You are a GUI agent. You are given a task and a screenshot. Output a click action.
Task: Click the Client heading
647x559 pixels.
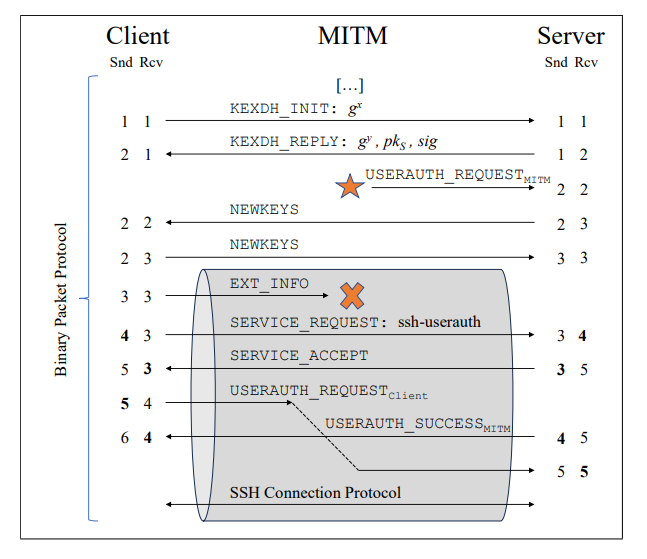[137, 35]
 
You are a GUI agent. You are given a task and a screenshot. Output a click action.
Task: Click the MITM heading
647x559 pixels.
[353, 35]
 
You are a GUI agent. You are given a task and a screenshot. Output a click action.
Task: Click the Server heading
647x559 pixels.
[571, 35]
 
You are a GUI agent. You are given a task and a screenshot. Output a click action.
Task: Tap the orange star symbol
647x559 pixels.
[350, 186]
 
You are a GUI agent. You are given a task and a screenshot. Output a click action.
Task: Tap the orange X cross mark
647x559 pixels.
[352, 296]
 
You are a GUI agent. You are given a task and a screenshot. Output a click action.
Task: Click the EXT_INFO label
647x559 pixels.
[269, 284]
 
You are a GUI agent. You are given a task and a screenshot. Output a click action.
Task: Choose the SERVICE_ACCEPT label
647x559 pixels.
[299, 356]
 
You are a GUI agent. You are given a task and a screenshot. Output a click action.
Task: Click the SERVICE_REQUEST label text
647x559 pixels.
[309, 323]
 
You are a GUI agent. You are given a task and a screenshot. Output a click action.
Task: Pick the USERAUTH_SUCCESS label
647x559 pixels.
[418, 425]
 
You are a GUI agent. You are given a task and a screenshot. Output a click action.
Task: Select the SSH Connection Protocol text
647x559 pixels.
[315, 493]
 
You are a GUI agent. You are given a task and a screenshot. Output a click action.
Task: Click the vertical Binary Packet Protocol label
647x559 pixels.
[61, 300]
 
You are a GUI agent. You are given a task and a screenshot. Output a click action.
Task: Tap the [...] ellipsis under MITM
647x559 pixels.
[350, 85]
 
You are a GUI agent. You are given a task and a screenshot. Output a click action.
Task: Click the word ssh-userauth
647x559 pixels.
[439, 322]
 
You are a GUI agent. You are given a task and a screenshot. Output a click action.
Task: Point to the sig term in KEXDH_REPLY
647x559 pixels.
[427, 142]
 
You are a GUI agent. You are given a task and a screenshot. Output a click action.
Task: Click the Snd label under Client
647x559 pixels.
[121, 62]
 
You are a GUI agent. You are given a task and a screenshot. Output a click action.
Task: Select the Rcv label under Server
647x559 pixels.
[586, 62]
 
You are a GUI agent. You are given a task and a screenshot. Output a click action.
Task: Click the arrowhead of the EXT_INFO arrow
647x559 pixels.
[326, 295]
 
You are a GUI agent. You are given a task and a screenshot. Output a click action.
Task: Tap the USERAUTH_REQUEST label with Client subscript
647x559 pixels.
[329, 392]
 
